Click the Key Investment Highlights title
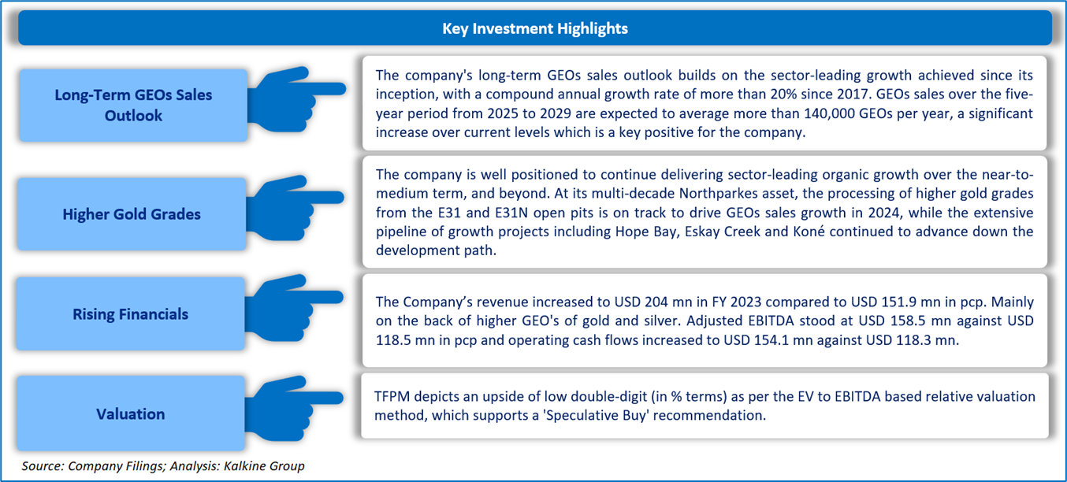(535, 28)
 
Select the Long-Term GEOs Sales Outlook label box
(133, 106)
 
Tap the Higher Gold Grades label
(132, 214)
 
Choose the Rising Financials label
(131, 314)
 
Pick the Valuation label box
(131, 414)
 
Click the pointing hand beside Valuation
(295, 408)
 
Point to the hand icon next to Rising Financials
(295, 308)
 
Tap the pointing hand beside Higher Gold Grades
(295, 208)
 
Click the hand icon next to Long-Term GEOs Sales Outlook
(296, 99)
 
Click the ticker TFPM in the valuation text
(392, 397)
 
